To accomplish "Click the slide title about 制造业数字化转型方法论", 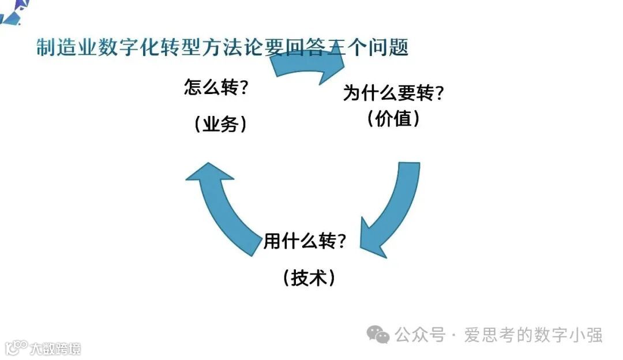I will [222, 47].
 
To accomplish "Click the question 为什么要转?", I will [393, 93].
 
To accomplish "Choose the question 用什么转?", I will [305, 241].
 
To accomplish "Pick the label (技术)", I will [309, 278].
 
